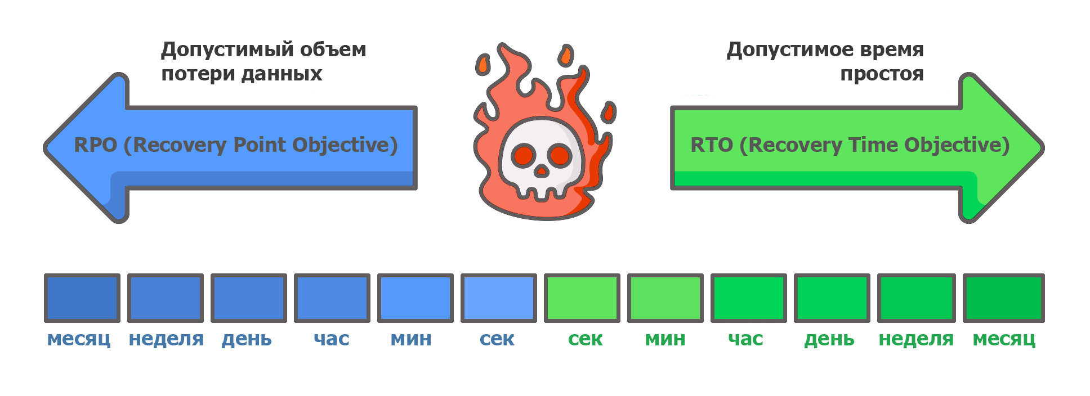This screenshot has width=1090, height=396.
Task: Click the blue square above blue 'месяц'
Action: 82,298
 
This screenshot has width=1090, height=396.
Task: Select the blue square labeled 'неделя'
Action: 166,298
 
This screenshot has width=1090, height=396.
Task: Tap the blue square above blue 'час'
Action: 332,298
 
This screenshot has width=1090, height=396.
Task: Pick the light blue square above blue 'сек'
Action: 499,298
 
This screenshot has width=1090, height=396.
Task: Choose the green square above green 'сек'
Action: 582,298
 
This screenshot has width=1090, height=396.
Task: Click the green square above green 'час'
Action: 749,298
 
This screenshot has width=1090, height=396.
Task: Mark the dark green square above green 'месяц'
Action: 1004,298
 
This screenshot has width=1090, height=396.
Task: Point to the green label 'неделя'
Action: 916,339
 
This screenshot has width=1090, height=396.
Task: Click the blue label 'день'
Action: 247,339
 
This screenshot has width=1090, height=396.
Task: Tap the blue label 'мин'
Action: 411,339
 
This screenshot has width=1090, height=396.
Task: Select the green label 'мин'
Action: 665,339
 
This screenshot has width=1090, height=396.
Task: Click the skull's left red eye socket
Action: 524,154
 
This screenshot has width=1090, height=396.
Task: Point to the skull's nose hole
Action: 541,170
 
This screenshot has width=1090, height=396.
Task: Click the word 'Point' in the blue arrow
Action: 260,145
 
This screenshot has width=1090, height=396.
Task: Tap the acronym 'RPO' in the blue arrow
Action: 95,145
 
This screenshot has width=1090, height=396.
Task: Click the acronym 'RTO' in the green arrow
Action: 711,145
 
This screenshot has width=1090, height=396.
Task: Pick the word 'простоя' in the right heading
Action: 882,74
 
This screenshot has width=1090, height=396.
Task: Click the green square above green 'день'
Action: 832,298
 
